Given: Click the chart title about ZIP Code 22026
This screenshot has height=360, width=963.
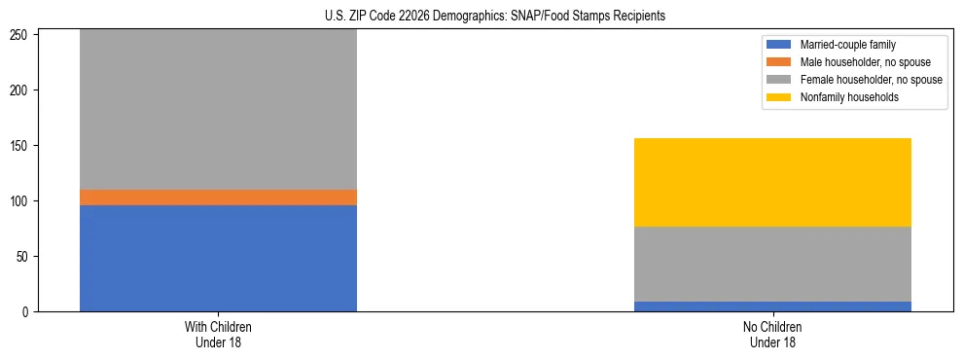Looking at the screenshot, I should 495,16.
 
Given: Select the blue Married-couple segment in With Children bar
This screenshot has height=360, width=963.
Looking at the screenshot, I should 218,258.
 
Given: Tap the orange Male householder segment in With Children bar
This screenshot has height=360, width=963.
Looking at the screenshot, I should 218,197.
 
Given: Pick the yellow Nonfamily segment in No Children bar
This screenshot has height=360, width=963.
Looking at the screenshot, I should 772,182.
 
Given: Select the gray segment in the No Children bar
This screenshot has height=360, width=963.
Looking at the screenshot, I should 772,264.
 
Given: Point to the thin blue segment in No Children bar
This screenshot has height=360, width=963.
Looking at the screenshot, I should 772,306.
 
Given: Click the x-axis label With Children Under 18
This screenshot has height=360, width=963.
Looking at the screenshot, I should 218,335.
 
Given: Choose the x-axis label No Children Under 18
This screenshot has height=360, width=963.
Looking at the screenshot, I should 772,335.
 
